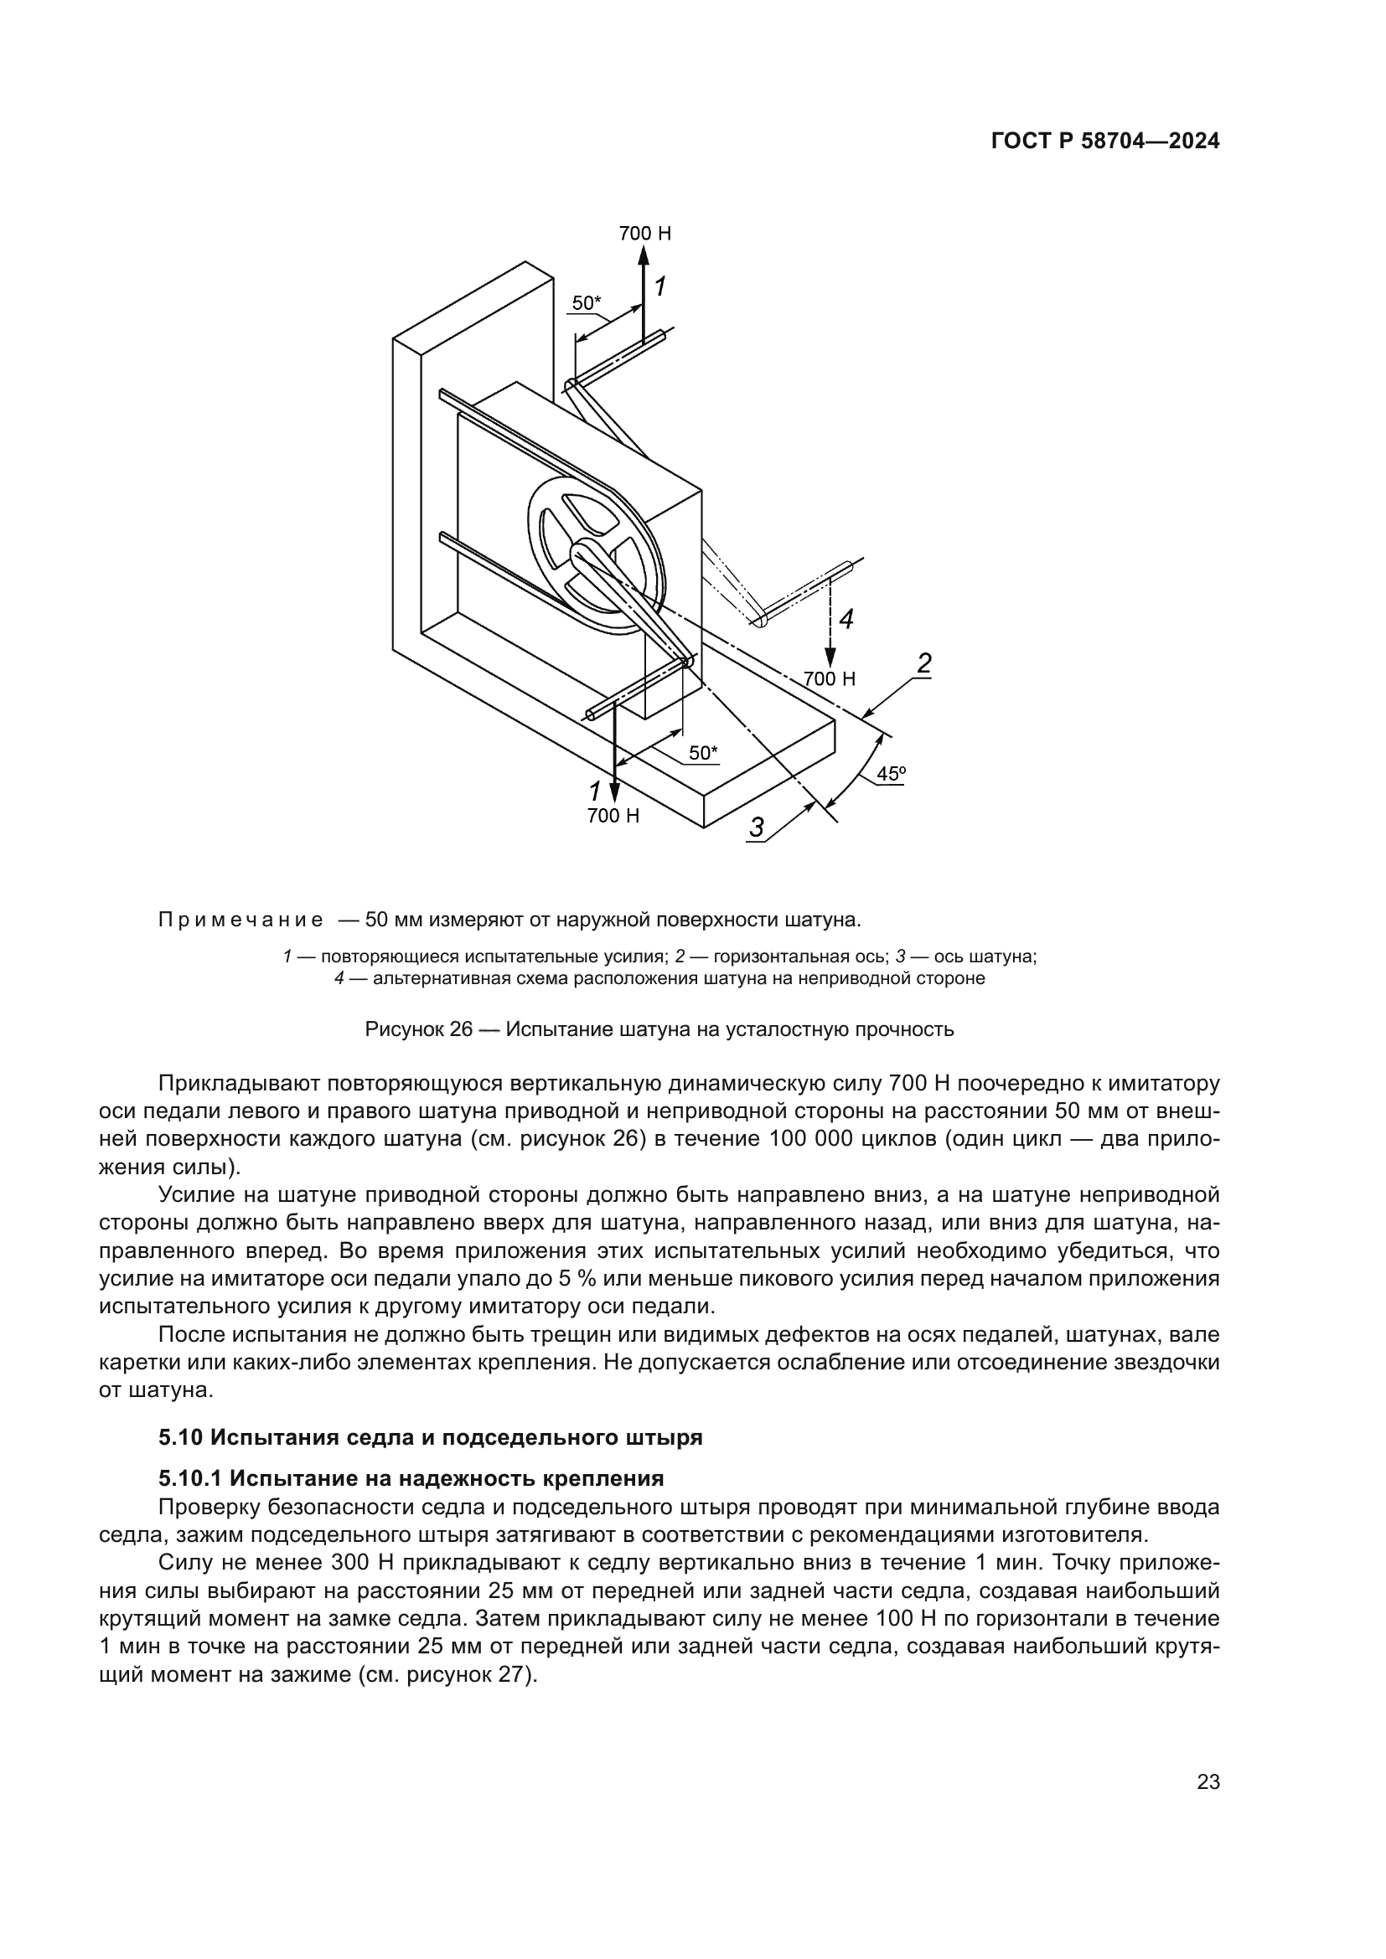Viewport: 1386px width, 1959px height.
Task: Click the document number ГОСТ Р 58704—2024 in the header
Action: pos(1104,142)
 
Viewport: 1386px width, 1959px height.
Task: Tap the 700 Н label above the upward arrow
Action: pos(644,233)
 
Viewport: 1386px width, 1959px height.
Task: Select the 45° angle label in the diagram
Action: pos(891,774)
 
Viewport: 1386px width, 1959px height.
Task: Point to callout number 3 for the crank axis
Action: pos(757,827)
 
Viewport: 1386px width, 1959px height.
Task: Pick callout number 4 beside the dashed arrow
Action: pos(845,620)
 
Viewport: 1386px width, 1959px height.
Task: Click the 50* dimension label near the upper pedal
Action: pos(587,302)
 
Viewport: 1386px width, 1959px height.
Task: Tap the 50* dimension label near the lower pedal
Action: pos(703,753)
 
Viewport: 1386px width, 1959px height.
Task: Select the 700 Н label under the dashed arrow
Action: pos(829,679)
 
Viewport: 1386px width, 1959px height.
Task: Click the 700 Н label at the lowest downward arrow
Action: pos(613,816)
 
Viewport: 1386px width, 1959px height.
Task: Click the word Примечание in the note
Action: pos(240,920)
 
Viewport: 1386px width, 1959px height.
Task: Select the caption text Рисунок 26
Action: pos(418,1029)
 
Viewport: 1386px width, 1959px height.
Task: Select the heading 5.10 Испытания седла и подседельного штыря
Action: pos(430,1437)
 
